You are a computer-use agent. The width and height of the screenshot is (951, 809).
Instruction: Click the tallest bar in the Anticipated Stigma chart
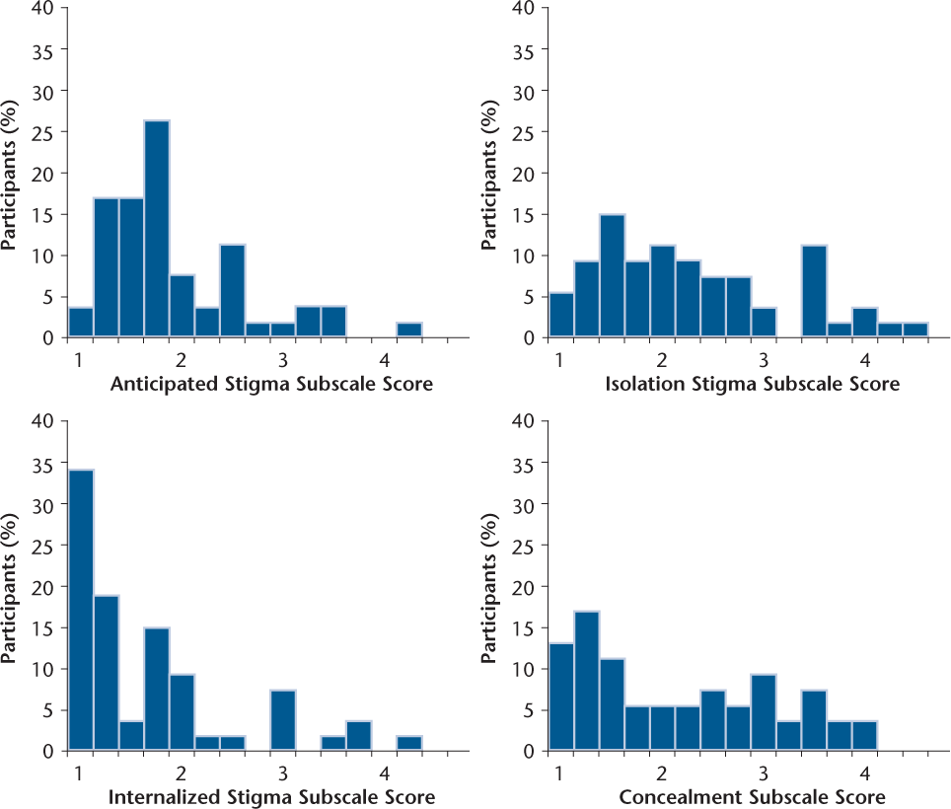pyautogui.click(x=156, y=229)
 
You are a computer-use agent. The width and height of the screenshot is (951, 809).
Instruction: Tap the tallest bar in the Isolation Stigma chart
pyautogui.click(x=612, y=276)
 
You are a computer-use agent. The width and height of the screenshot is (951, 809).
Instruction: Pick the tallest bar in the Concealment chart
pyautogui.click(x=586, y=681)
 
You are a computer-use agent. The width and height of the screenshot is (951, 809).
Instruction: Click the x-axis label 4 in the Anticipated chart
pyautogui.click(x=384, y=359)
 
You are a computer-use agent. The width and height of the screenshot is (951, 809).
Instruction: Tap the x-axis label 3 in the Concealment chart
pyautogui.click(x=764, y=772)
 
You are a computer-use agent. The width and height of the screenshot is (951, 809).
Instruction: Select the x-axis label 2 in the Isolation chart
pyautogui.click(x=663, y=359)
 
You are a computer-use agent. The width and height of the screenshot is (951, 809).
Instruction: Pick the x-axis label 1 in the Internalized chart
pyautogui.click(x=78, y=772)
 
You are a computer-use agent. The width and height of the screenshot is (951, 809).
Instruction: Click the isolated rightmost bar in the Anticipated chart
pyautogui.click(x=408, y=331)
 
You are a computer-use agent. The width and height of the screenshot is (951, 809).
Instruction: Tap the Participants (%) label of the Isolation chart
pyautogui.click(x=490, y=173)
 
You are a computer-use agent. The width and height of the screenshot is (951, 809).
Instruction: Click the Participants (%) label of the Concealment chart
pyautogui.click(x=490, y=586)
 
